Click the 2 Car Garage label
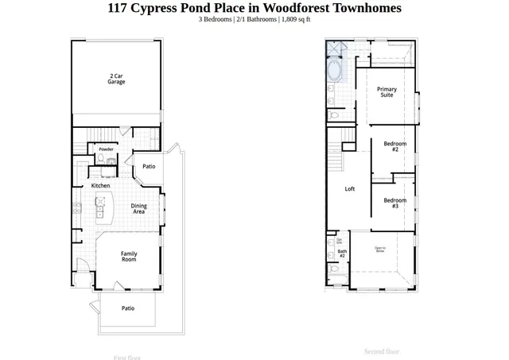[x=116, y=79]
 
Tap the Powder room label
[x=106, y=149]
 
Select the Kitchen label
[x=100, y=186]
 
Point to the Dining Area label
[x=139, y=209]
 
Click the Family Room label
[x=129, y=257]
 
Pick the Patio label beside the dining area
[x=149, y=167]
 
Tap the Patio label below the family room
[x=128, y=308]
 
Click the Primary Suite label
[x=387, y=92]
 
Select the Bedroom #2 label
[x=394, y=146]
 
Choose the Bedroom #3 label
[x=394, y=203]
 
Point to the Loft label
[x=350, y=189]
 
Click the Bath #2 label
[x=342, y=254]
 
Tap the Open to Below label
[x=380, y=250]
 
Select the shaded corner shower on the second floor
[x=334, y=49]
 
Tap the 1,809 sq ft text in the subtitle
[x=296, y=19]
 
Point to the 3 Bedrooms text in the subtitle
[x=215, y=19]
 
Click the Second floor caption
[x=382, y=351]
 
